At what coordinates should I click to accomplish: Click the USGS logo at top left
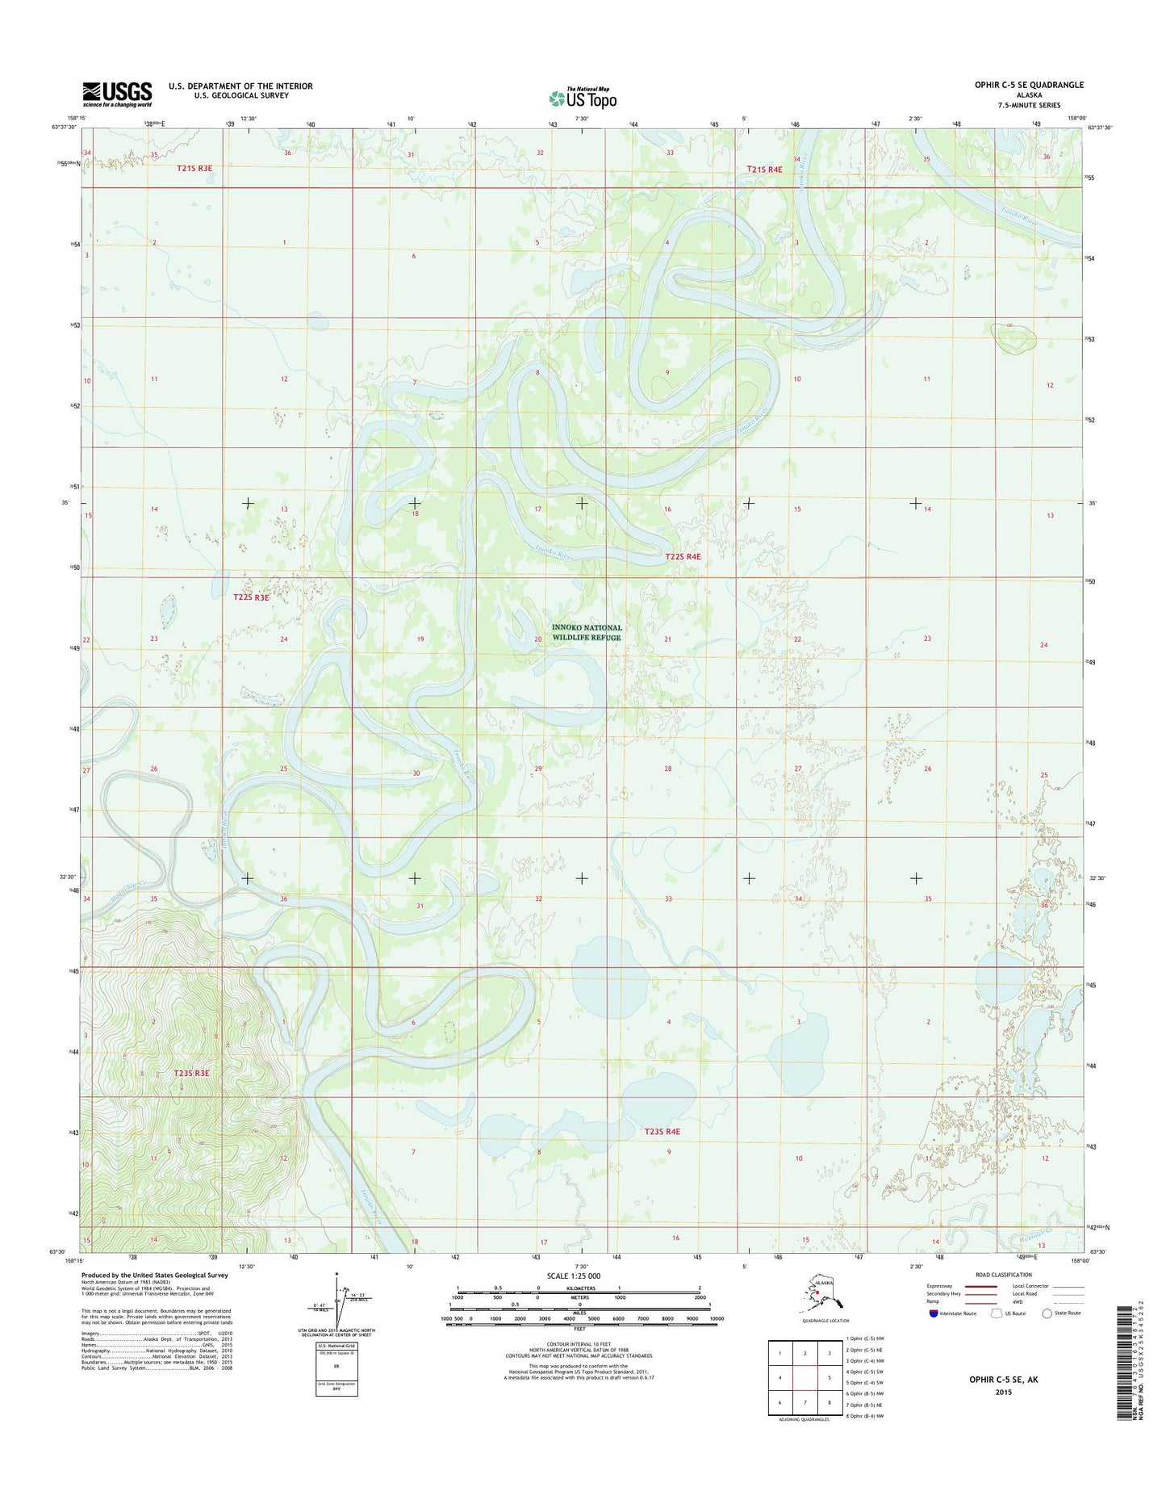117,94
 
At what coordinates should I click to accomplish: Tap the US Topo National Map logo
583,98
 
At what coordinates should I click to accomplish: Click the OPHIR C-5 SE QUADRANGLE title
1026,85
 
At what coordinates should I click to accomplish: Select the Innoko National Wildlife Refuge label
587,632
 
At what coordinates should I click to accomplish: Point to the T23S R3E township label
191,1073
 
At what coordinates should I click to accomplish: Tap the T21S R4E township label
764,170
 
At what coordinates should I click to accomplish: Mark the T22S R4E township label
683,556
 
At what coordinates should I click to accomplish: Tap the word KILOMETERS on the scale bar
579,1288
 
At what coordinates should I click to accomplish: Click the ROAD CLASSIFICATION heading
1003,1275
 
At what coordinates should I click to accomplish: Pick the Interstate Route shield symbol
932,1313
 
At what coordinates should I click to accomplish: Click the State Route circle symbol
1047,1313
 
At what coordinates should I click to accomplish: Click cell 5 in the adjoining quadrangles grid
829,1378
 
